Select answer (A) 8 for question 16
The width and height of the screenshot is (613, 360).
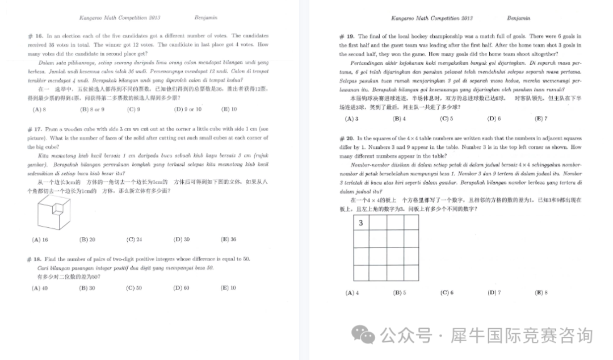point(39,109)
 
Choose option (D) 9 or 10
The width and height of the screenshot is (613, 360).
point(187,109)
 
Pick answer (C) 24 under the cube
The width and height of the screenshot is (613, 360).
point(134,240)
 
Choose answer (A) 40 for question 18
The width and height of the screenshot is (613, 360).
point(40,288)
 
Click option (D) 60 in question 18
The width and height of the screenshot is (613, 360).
point(181,288)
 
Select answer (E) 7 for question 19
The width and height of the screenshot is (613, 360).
point(540,119)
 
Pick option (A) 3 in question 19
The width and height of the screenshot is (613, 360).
point(351,119)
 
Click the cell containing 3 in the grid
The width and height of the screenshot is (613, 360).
point(362,224)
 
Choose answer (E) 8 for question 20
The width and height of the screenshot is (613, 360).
point(540,293)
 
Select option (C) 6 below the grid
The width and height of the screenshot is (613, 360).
point(446,293)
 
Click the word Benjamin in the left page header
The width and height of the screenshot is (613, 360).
point(206,18)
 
